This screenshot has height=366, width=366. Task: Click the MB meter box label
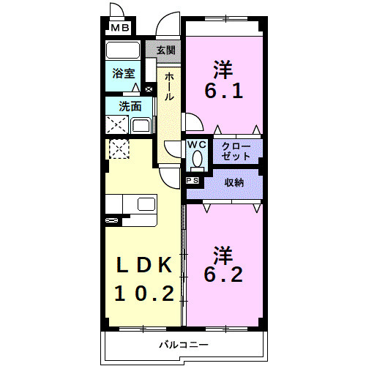click(x=119, y=29)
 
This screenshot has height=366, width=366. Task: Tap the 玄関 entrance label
click(x=166, y=51)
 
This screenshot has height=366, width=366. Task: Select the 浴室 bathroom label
click(x=123, y=73)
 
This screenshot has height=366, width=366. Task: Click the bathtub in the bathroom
click(x=123, y=51)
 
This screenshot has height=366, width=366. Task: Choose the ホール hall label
click(x=169, y=86)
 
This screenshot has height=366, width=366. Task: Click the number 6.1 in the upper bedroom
click(x=223, y=94)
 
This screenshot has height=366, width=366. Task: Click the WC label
click(x=197, y=145)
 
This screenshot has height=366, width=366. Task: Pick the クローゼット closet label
click(x=236, y=152)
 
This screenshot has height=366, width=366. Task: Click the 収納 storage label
click(x=234, y=182)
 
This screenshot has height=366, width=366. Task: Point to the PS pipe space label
click(x=193, y=180)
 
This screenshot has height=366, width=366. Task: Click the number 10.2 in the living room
click(x=144, y=294)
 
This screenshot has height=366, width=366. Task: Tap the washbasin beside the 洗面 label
click(x=140, y=124)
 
